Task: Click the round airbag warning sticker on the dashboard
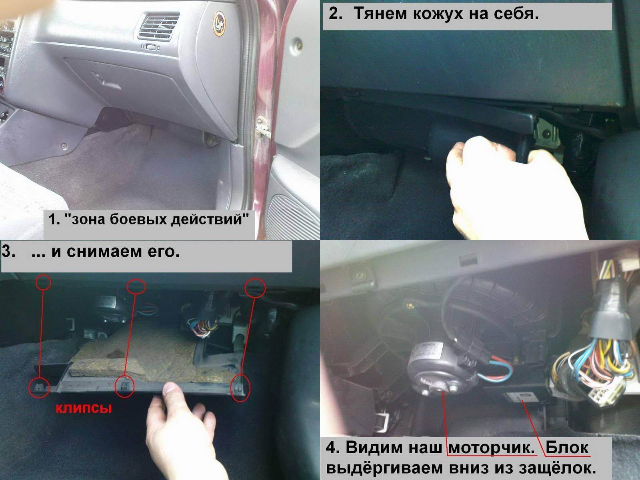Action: tap(219, 24)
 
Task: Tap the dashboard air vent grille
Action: tap(158, 26)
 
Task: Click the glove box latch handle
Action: tap(106, 80)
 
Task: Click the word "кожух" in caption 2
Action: tap(438, 14)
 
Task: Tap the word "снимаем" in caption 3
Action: tap(104, 251)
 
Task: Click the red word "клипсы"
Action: tap(84, 408)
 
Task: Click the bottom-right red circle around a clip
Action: tap(240, 388)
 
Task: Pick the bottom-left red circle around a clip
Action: tap(40, 387)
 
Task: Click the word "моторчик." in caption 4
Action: tap(491, 447)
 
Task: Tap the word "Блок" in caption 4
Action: tap(567, 447)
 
